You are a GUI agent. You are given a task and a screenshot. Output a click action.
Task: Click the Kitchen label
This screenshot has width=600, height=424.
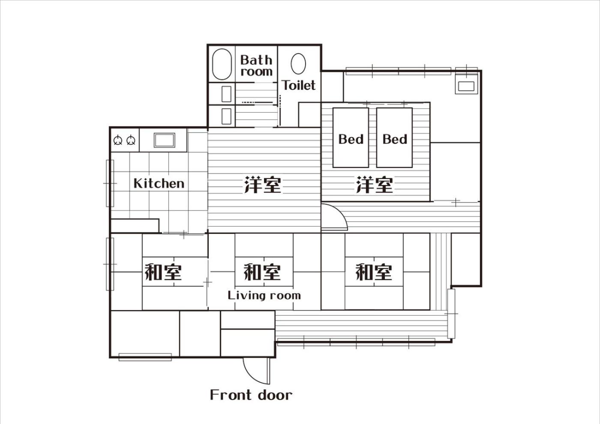[x=159, y=183]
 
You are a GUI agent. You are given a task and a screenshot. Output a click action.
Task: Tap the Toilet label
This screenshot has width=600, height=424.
[x=299, y=85]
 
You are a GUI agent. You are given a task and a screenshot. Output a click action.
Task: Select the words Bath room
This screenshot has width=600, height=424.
[x=256, y=66]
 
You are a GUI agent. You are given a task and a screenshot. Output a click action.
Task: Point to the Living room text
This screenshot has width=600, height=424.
[x=264, y=296]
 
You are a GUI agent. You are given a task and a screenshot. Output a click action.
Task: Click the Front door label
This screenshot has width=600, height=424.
[x=251, y=395]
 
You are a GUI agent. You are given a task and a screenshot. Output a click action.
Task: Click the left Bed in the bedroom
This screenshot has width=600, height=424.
[x=351, y=137]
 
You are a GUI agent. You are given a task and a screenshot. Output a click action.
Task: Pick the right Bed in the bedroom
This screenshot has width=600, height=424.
[x=394, y=137]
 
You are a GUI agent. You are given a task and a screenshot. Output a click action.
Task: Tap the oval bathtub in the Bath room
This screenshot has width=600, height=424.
[x=222, y=64]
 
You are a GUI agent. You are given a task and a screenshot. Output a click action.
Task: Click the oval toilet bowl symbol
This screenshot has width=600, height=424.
[x=298, y=64]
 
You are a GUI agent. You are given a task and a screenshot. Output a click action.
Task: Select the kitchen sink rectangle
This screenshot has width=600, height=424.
[x=164, y=140]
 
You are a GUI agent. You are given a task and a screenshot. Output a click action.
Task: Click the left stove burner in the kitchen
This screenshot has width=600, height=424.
[x=118, y=140]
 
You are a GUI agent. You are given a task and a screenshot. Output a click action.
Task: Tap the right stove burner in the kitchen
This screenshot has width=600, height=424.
[x=131, y=140]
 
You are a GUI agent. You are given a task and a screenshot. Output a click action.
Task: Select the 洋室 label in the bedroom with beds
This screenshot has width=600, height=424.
[x=374, y=185]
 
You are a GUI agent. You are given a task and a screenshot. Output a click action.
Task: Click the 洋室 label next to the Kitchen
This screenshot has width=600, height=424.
[x=262, y=185]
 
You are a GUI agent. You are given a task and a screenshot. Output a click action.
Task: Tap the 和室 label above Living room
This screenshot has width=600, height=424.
[x=262, y=272]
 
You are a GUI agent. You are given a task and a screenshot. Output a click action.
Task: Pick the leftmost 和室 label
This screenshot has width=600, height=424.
[x=163, y=272]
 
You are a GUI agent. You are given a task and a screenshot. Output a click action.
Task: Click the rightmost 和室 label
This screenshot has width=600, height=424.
[x=374, y=272]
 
